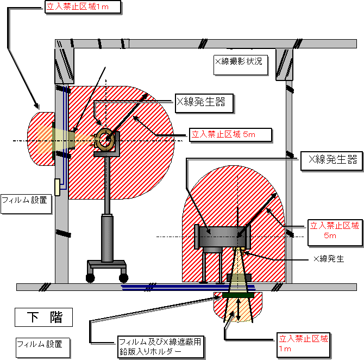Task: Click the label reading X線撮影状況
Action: click(x=241, y=65)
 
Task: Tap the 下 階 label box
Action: click(x=43, y=317)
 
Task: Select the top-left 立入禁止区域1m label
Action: click(x=83, y=7)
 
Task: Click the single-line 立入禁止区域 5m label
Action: click(x=230, y=135)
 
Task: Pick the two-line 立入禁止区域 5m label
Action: click(x=335, y=232)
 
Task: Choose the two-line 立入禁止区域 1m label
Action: click(x=304, y=345)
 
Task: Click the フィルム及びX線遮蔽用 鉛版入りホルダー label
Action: click(x=161, y=347)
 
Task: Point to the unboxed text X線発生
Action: click(x=329, y=259)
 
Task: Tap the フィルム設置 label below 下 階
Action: click(x=43, y=347)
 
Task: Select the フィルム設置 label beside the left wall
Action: click(x=26, y=204)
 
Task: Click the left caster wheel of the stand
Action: click(x=90, y=278)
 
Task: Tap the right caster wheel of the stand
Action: click(x=123, y=278)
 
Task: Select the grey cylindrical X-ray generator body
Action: click(x=222, y=237)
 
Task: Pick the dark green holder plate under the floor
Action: click(x=238, y=295)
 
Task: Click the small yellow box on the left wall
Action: click(x=57, y=187)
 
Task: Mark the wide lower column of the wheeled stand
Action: click(x=107, y=238)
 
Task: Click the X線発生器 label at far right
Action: click(x=332, y=161)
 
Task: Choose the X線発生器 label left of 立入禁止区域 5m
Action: click(x=204, y=103)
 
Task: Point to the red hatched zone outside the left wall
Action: click(x=41, y=139)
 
